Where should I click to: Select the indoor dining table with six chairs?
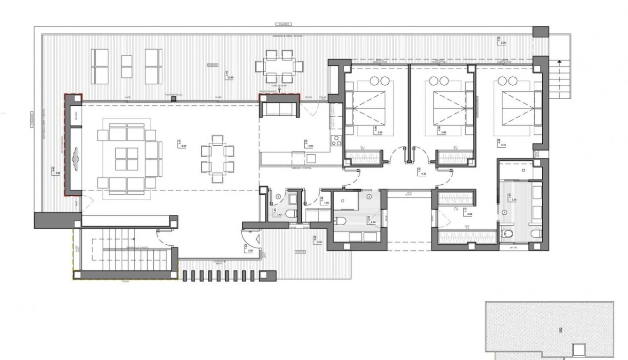pyautogui.click(x=218, y=159)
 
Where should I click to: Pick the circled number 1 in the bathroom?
pyautogui.click(x=504, y=212)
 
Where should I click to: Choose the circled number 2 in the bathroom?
pyautogui.click(x=369, y=196)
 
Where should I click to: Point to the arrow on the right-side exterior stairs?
pyautogui.click(x=560, y=61)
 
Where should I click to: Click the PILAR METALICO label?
pyautogui.click(x=173, y=97)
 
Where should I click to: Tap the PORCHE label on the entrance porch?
pyautogui.click(x=299, y=252)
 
